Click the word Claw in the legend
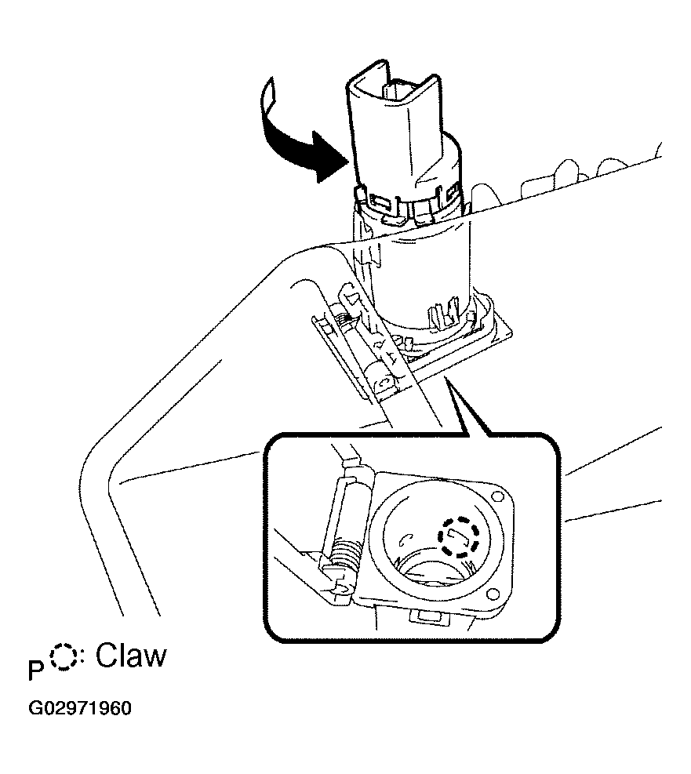point(131,656)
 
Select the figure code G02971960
point(80,708)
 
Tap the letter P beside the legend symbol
point(35,670)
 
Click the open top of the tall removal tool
point(392,82)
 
